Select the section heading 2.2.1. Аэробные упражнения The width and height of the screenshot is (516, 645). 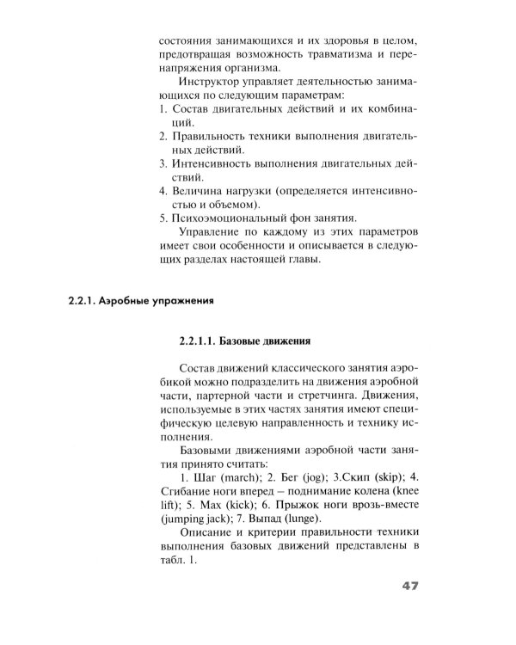click(139, 302)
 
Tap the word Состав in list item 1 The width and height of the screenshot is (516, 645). click(193, 111)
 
